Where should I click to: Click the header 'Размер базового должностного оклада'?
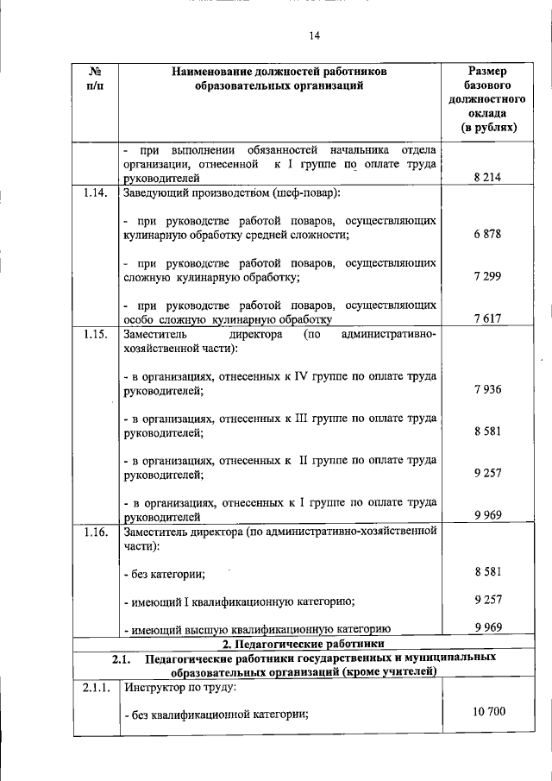click(x=487, y=99)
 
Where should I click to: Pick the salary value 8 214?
click(x=487, y=178)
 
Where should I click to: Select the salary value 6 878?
click(x=487, y=235)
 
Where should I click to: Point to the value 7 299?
click(x=487, y=276)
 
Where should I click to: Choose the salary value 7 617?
click(x=487, y=318)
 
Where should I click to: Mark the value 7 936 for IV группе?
click(x=487, y=389)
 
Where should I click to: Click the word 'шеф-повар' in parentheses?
click(x=307, y=192)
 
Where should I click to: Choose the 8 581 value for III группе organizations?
click(x=487, y=431)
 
